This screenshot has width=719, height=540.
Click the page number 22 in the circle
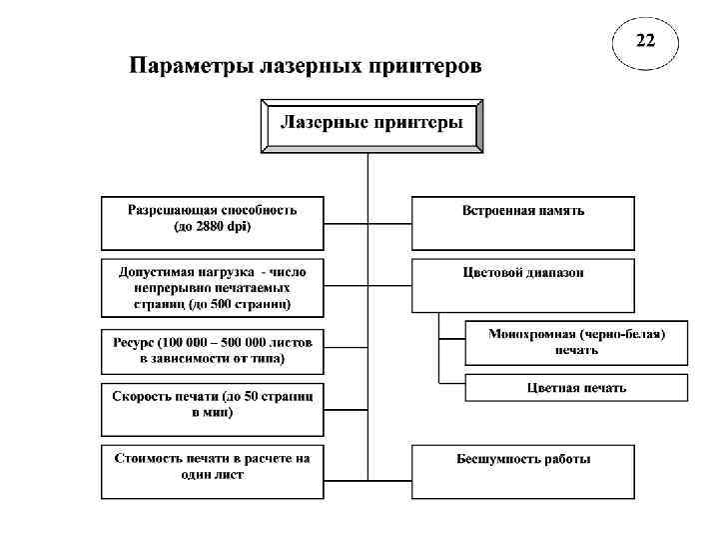pyautogui.click(x=646, y=41)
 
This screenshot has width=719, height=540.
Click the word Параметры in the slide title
pyautogui.click(x=190, y=68)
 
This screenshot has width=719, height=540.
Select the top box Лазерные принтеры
pyautogui.click(x=371, y=125)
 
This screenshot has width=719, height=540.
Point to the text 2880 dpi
pyautogui.click(x=221, y=227)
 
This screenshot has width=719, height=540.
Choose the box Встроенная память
pyautogui.click(x=522, y=222)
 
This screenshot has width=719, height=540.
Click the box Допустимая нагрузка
pyautogui.click(x=212, y=287)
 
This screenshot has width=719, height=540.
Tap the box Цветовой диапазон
pyautogui.click(x=522, y=284)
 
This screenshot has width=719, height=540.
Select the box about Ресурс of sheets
pyautogui.click(x=212, y=350)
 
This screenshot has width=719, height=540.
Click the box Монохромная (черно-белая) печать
pyautogui.click(x=576, y=342)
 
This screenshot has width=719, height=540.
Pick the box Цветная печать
pyautogui.click(x=576, y=387)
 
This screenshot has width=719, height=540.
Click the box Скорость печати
pyautogui.click(x=212, y=404)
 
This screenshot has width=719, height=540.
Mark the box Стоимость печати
pyautogui.click(x=212, y=471)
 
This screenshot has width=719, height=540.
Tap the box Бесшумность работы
pyautogui.click(x=522, y=471)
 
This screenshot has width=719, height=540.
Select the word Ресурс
pyautogui.click(x=133, y=342)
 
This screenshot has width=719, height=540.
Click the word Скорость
pyautogui.click(x=141, y=396)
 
